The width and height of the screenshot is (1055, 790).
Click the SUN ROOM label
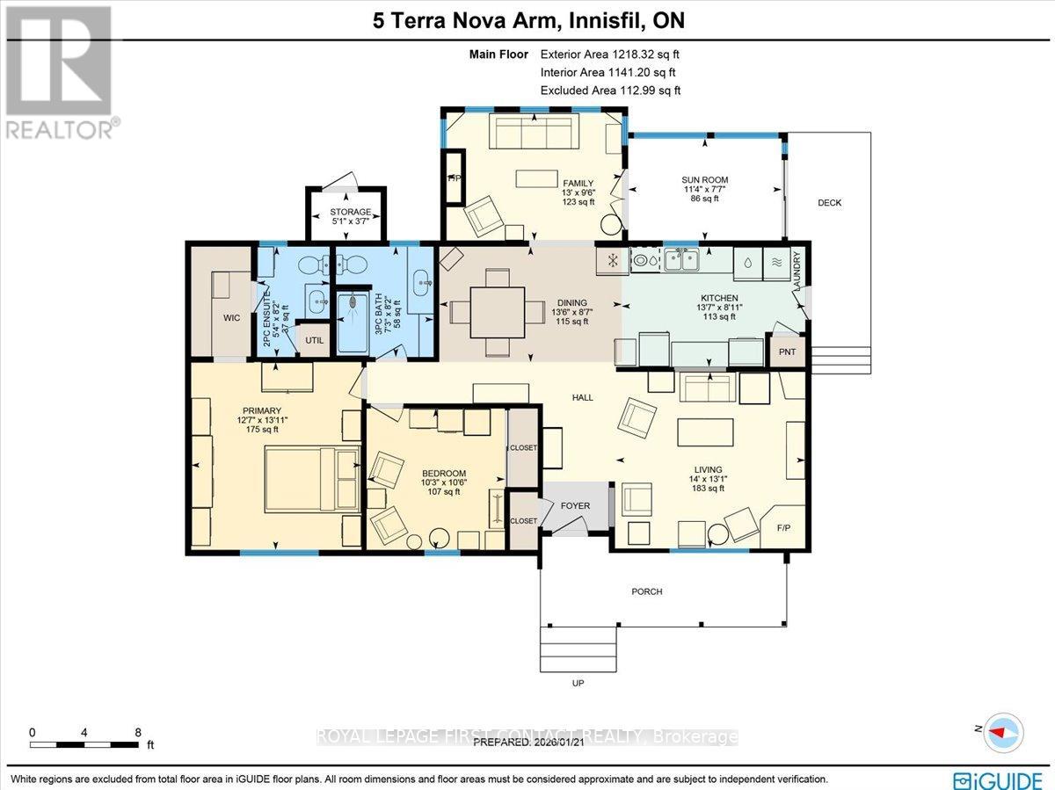704,180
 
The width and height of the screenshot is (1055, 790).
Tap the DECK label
829,203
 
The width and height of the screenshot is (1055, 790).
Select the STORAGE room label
350,212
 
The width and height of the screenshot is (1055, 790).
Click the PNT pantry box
787,352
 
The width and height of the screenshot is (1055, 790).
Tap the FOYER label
575,506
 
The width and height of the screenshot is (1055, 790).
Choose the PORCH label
646,591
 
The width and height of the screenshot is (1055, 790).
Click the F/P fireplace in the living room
783,529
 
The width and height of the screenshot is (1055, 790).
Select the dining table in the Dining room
497,312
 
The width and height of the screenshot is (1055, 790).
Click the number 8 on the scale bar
138,731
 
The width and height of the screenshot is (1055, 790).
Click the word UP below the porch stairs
578,683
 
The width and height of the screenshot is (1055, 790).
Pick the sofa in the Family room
533,134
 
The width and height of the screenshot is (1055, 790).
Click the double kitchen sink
681,259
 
